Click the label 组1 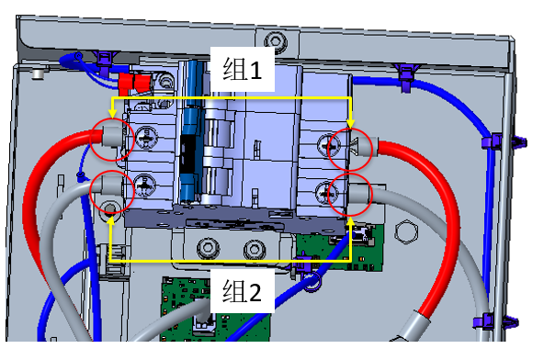coord(243,69)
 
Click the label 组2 coord(242,291)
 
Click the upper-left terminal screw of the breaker coord(146,138)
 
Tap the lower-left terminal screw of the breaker coord(145,186)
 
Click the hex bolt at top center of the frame coord(276,40)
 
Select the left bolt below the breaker coord(208,248)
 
